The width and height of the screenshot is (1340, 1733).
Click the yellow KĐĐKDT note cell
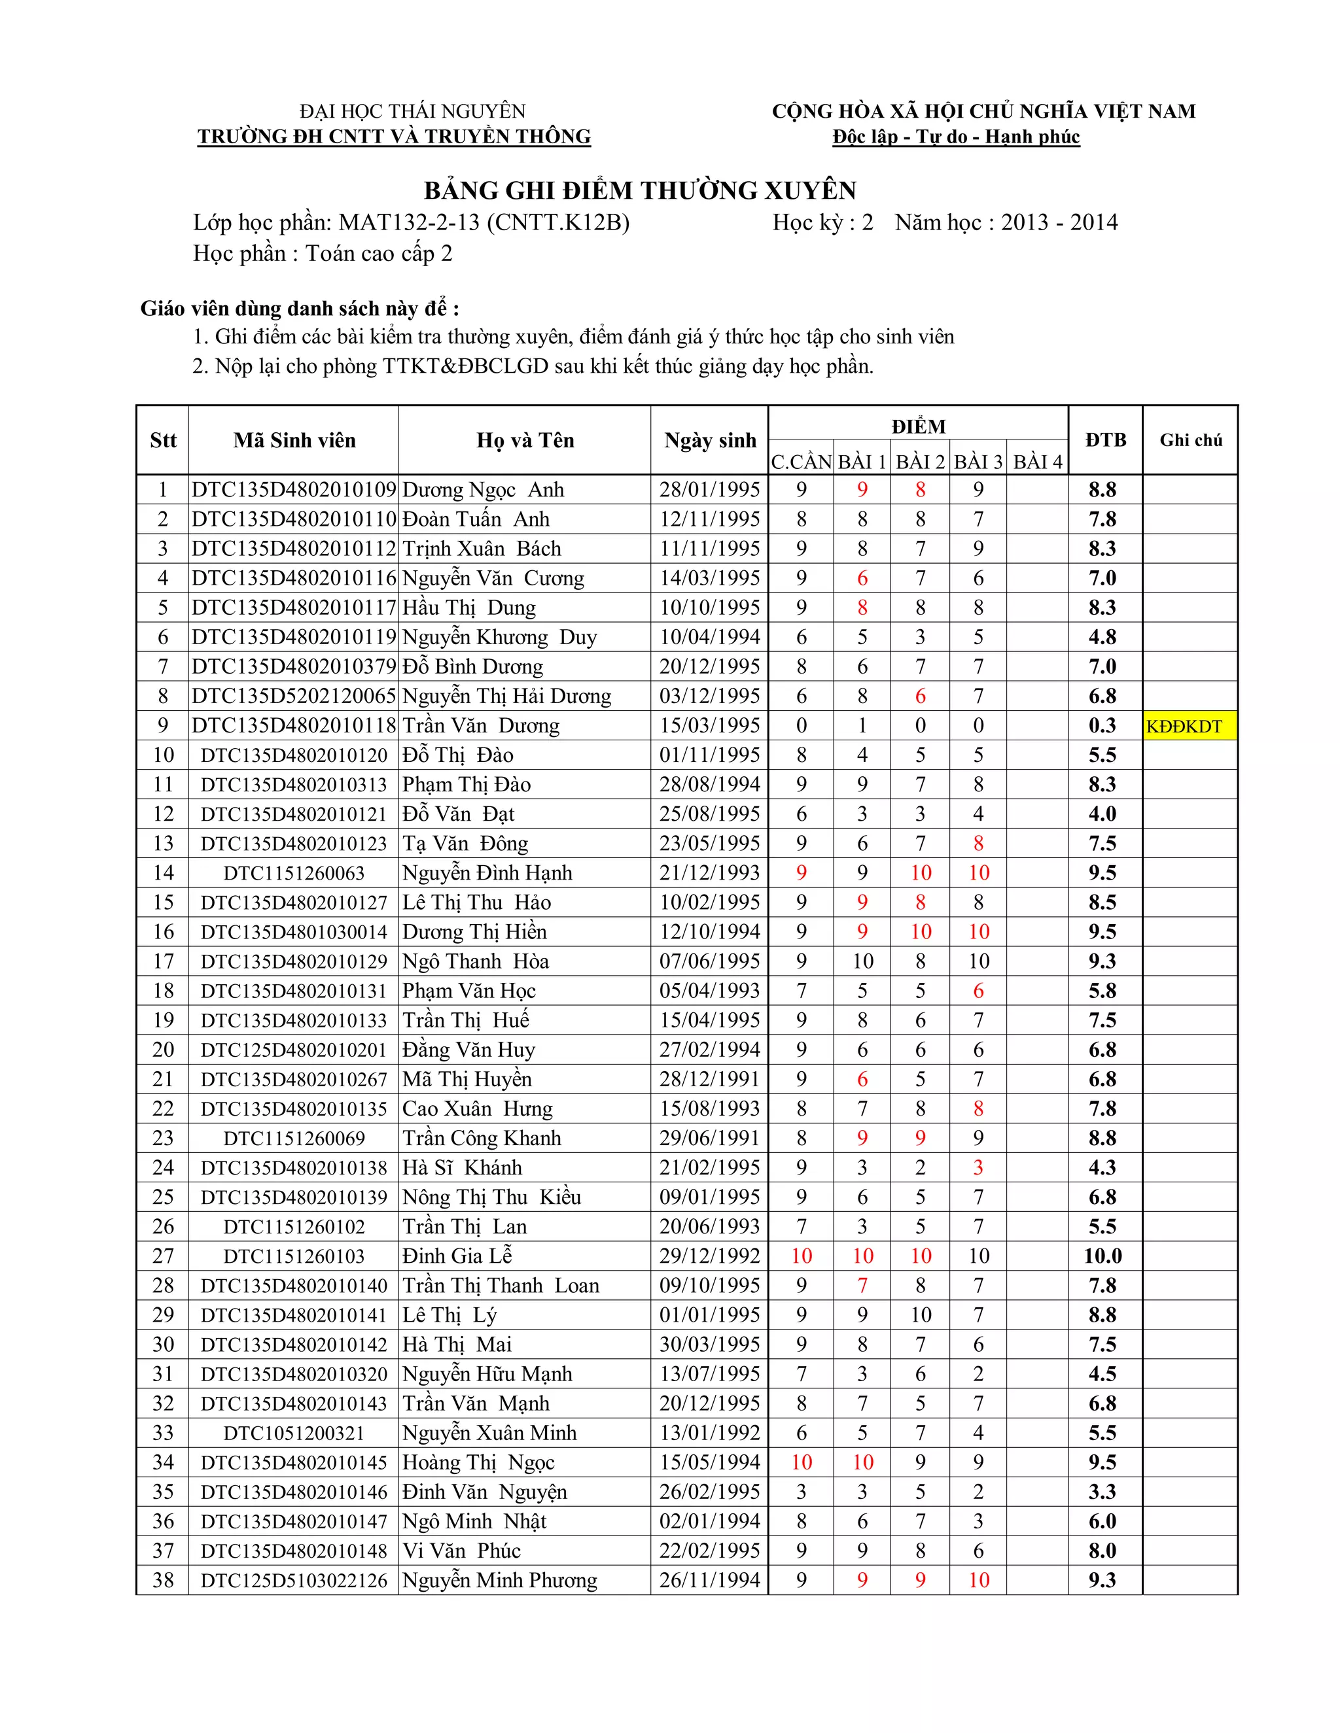(1189, 725)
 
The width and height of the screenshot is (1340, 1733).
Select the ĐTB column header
(1105, 439)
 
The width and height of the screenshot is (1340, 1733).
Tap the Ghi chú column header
(1190, 439)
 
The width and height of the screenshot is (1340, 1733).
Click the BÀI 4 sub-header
(1037, 461)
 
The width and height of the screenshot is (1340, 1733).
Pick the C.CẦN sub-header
(801, 461)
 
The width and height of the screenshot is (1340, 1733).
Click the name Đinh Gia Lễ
(457, 1256)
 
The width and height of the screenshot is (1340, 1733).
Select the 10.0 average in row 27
(1102, 1256)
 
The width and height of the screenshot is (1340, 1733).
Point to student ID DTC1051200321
(294, 1433)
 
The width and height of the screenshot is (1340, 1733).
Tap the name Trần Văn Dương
(481, 725)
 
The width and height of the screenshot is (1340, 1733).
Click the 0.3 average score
(1102, 725)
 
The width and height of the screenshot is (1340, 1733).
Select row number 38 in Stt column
(163, 1580)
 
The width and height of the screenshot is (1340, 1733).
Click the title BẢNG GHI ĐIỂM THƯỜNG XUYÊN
(640, 190)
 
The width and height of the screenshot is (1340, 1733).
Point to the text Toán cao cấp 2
(379, 253)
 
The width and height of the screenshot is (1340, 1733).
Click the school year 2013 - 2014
(1059, 222)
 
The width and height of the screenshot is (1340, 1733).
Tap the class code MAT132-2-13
(409, 222)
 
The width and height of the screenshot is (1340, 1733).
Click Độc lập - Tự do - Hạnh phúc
(956, 137)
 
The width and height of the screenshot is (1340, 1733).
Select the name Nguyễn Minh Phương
(499, 1580)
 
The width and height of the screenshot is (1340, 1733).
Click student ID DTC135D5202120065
(294, 696)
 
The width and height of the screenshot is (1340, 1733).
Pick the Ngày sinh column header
(710, 439)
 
